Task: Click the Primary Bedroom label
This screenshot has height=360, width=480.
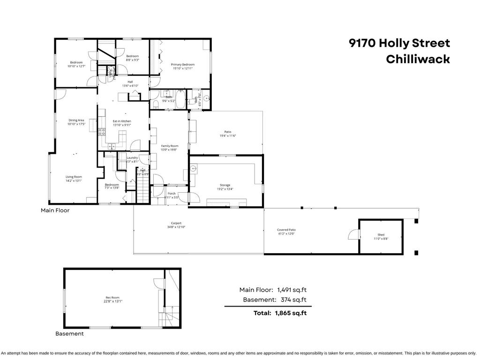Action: coord(182,65)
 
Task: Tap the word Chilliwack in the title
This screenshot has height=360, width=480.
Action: coord(418,59)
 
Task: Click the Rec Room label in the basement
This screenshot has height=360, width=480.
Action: coord(111,298)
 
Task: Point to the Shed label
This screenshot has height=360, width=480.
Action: coord(381,235)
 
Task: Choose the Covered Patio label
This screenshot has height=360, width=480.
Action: coord(286,230)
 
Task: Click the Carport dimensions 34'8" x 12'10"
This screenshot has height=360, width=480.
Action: coord(176,227)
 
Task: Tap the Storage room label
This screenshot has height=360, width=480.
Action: coord(225,185)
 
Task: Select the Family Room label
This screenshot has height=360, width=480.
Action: coord(170,146)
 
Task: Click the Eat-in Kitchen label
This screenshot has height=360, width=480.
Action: coord(122,121)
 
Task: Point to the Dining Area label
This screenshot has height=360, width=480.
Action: coord(76,120)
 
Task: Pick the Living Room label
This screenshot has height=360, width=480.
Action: coord(73,177)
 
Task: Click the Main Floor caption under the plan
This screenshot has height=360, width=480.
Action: coord(55,210)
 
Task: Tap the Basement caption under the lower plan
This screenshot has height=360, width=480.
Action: coord(69,334)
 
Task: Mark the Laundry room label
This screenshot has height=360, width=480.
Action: coord(132,158)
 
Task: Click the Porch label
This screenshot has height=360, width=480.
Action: coord(172,194)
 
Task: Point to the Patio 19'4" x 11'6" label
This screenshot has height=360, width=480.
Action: coord(228,132)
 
